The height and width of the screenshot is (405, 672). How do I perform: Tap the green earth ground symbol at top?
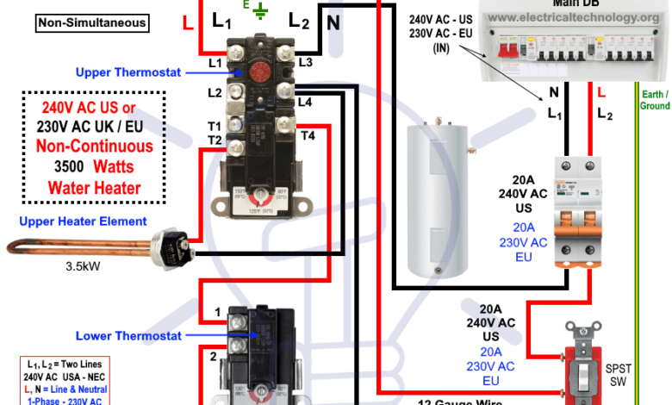tap(257, 11)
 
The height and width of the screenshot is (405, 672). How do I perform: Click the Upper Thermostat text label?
tap(128, 72)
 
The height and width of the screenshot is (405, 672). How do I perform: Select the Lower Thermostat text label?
tap(128, 335)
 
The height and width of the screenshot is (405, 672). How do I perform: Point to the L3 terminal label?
tap(305, 62)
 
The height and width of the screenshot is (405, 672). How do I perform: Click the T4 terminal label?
tap(308, 135)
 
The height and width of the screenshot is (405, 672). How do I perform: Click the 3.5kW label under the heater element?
tap(83, 266)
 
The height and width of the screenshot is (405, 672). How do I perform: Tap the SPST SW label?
tap(638, 374)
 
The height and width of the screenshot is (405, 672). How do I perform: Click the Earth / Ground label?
tap(654, 100)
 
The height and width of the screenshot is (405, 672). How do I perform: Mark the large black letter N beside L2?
tap(333, 23)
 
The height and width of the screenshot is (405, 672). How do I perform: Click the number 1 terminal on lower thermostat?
tap(218, 311)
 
